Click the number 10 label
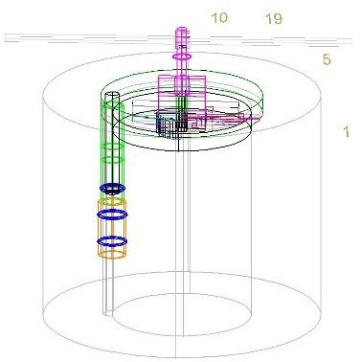coord(219,18)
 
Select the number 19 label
coord(274,19)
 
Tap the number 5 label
coord(326,59)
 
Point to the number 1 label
coord(347,131)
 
